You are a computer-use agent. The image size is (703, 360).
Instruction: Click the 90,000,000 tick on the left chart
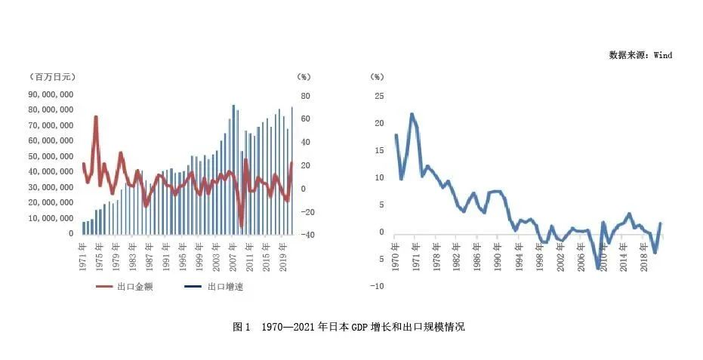point(52,94)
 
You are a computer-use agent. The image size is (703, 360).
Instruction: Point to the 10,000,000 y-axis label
point(52,218)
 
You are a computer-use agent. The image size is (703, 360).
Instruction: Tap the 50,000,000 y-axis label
point(52,156)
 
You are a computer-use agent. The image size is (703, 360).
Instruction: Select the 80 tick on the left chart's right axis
point(305,96)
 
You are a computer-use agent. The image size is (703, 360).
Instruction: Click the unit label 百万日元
point(53,76)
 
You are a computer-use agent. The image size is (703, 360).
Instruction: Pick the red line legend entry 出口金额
point(135,287)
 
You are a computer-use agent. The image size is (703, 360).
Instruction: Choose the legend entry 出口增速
point(226,287)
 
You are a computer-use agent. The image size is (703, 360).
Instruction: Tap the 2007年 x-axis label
point(231,256)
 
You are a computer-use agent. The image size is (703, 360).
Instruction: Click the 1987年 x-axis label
point(149,256)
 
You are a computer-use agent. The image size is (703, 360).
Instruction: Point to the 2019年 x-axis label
point(281,256)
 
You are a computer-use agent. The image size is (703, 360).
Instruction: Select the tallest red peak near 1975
point(96,117)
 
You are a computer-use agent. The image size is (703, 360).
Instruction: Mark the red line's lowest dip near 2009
point(242,226)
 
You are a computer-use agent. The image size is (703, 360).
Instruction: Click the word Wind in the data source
point(662,55)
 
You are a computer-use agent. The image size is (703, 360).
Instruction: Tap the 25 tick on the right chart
point(379,96)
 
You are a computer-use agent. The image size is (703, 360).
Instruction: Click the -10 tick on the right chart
point(378,286)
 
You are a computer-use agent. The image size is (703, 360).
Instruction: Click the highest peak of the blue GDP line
point(412,114)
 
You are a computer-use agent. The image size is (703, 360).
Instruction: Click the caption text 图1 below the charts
point(242,328)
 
